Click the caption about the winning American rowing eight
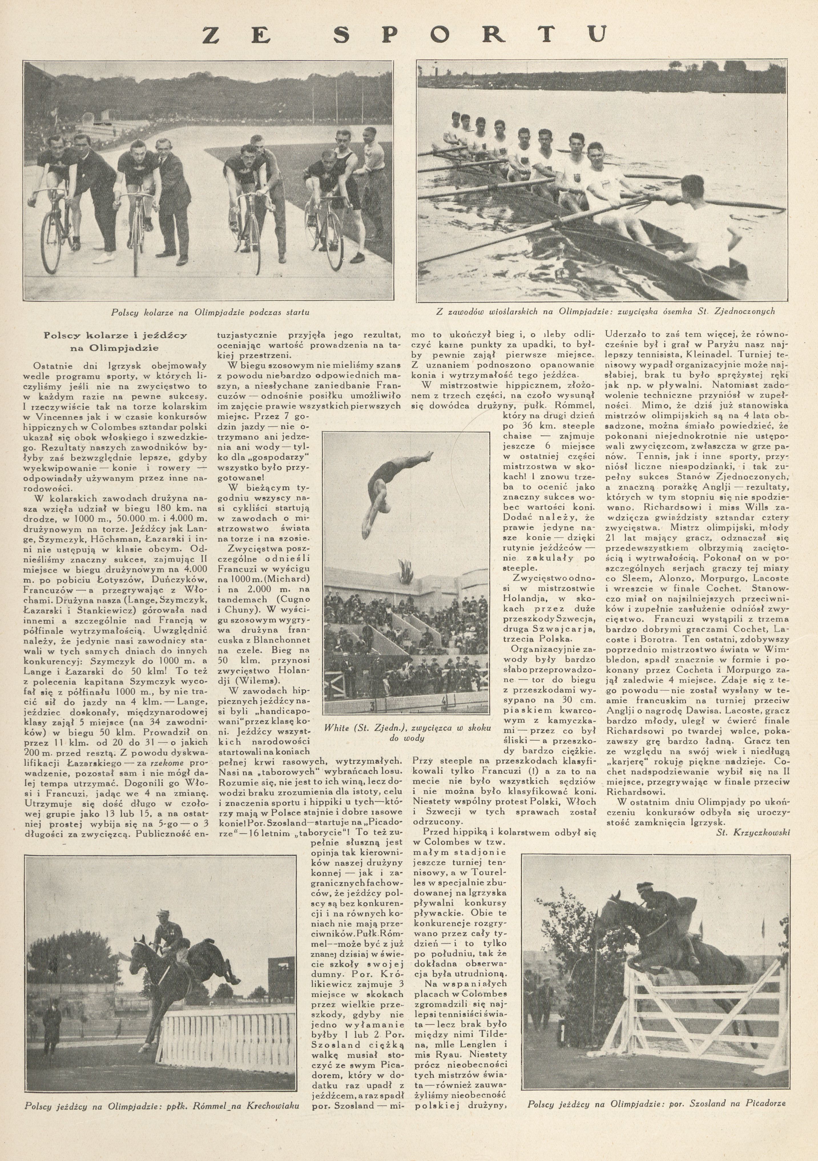click(x=604, y=312)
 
